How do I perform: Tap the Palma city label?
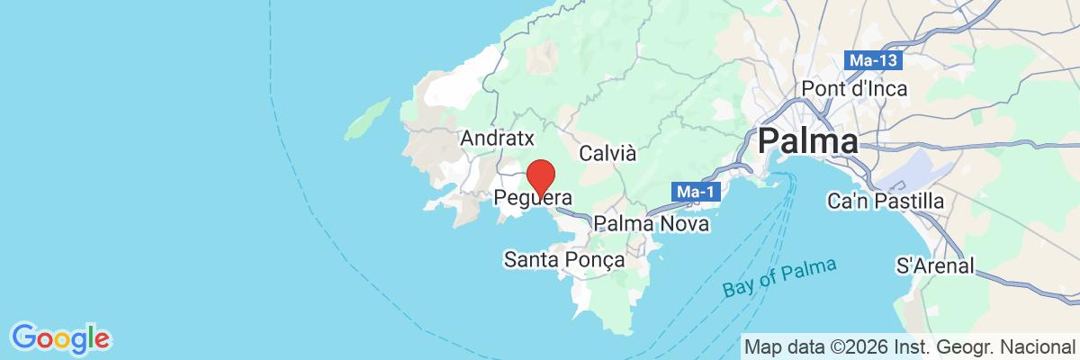807,142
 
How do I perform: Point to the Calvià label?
607,153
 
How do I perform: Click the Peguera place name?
534,196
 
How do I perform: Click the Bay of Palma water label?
779,278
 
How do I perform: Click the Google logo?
60,339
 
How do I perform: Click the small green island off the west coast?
366,119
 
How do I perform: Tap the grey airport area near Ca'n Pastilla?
927,171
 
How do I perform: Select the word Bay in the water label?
737,291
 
